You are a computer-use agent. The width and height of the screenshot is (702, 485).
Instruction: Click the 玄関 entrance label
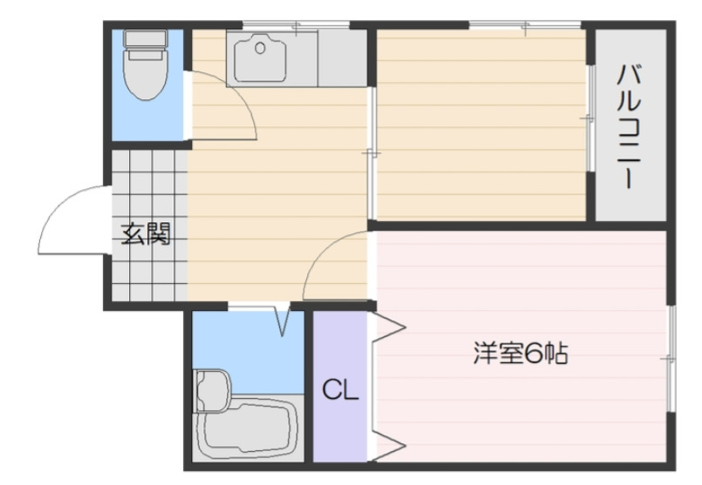(145, 233)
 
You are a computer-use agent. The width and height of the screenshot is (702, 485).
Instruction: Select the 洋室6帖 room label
(521, 354)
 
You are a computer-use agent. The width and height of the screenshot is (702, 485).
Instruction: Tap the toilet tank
(145, 40)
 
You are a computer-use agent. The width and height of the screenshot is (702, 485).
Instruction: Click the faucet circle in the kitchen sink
(259, 49)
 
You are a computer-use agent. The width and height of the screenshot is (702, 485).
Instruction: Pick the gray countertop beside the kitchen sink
(342, 57)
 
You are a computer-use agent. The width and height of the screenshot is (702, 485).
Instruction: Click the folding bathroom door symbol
(283, 320)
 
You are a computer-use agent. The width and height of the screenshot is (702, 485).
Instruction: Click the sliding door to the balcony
(590, 118)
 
